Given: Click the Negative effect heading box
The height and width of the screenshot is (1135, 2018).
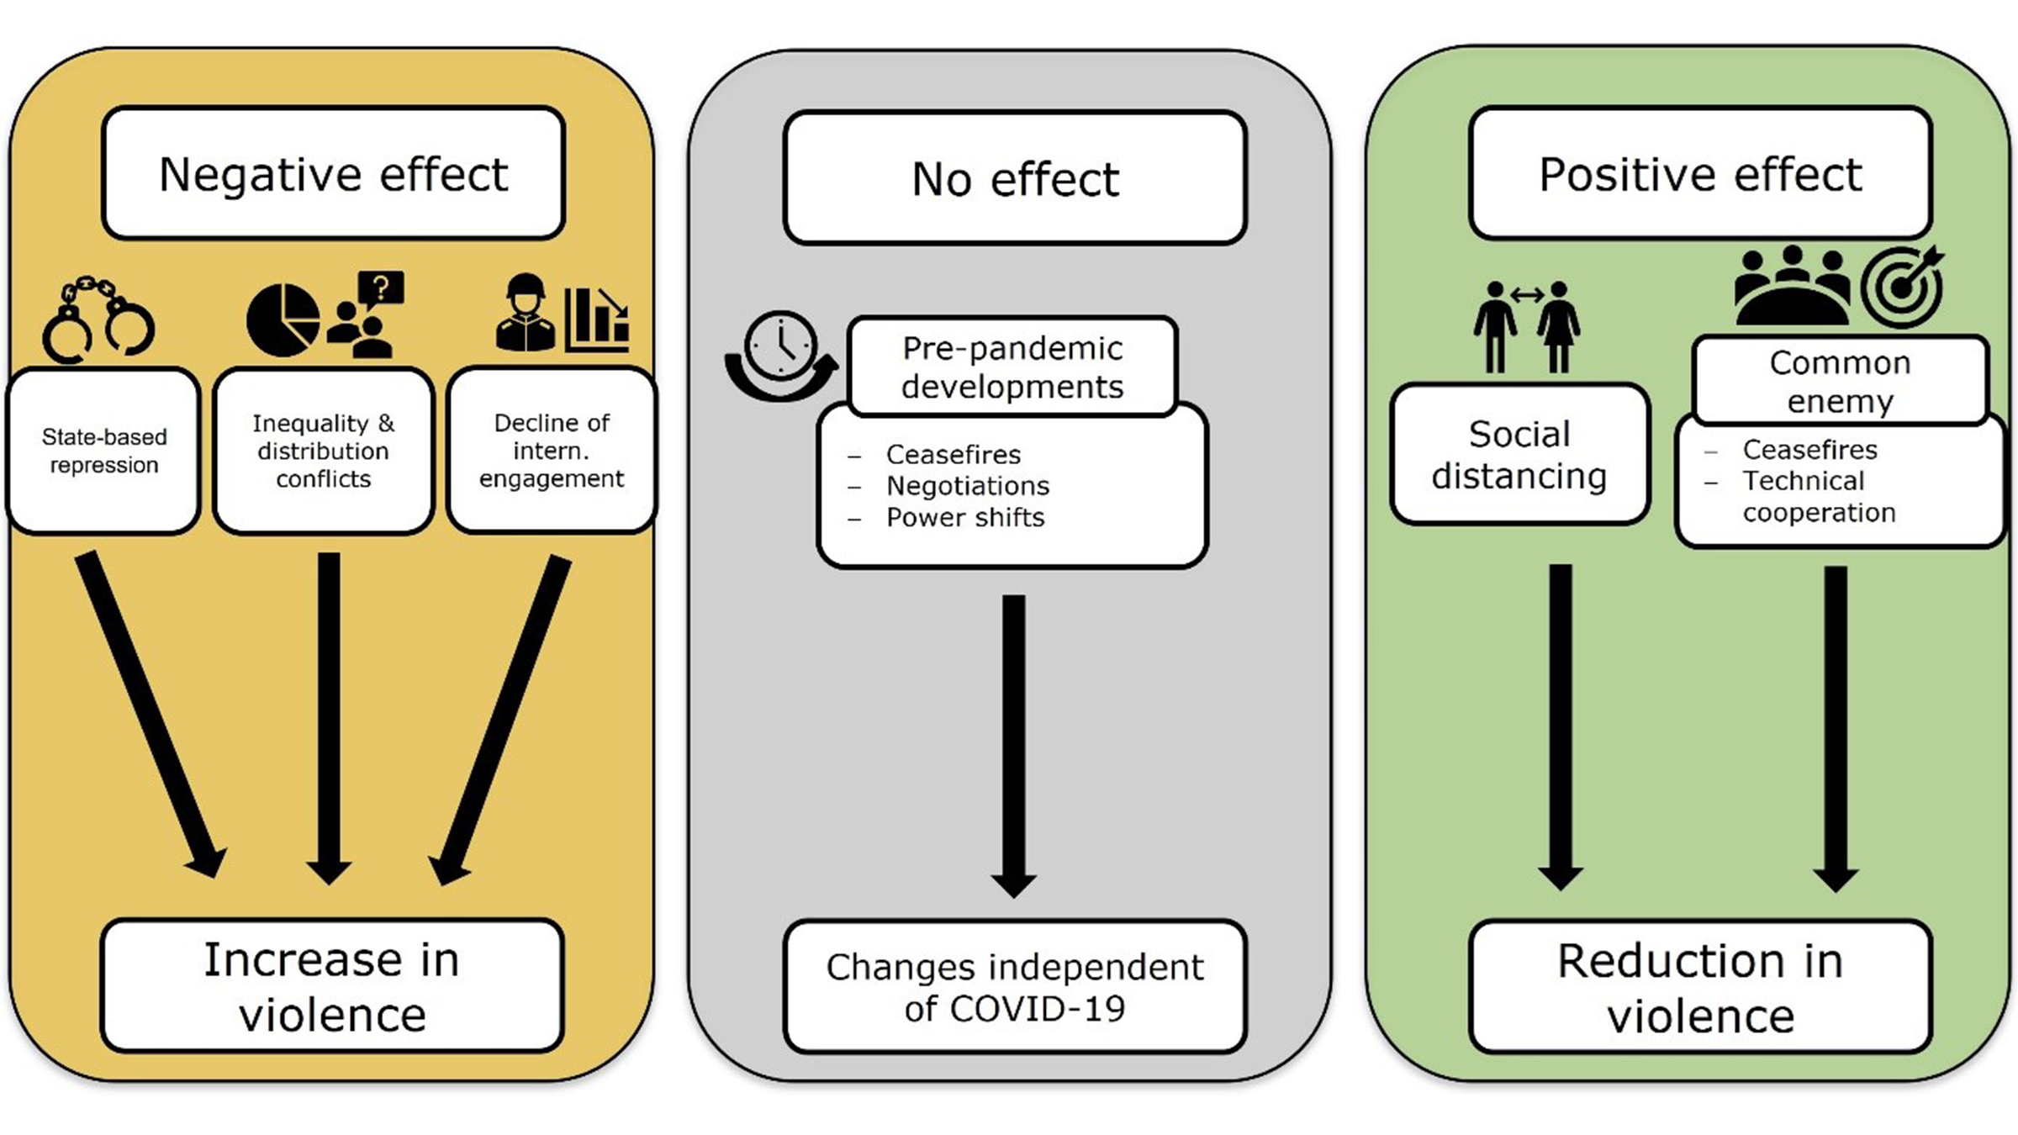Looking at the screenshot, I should (333, 173).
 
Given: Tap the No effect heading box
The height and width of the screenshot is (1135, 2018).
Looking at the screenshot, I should (1014, 178).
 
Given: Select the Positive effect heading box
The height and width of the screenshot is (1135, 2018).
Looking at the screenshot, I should (1699, 173).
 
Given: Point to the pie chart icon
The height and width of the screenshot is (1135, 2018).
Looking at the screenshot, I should (283, 320).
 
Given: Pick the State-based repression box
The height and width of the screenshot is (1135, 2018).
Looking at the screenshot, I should (103, 451).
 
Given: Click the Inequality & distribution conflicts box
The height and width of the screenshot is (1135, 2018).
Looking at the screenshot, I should (323, 451).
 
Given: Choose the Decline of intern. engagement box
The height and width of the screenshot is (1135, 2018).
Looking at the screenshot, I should (552, 451).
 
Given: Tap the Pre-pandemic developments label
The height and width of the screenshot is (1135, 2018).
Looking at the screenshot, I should (1012, 367).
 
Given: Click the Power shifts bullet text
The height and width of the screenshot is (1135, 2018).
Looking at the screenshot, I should (964, 518).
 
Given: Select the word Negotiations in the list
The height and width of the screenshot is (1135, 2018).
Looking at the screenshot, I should (967, 486).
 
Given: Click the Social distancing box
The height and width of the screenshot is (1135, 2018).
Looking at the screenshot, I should (1519, 455).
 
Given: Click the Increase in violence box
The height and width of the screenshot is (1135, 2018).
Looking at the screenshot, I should (332, 986).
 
